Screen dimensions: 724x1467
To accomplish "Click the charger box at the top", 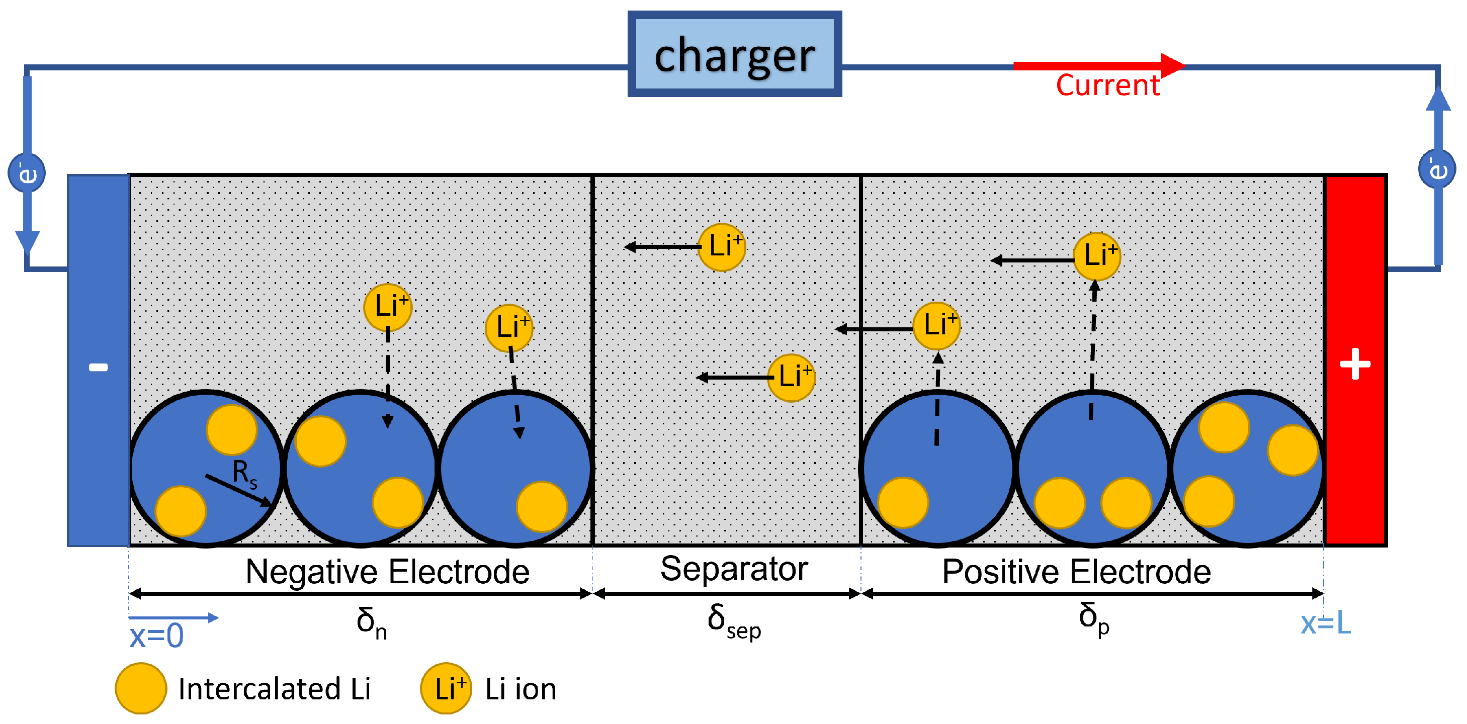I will pyautogui.click(x=734, y=54).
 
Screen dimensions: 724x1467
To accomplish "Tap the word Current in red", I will pyautogui.click(x=1107, y=85).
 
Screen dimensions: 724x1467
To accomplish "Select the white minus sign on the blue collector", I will pyautogui.click(x=98, y=367).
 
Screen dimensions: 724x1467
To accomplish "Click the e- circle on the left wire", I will pyautogui.click(x=27, y=172).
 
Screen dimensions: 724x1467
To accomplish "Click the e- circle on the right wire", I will pyautogui.click(x=1436, y=168).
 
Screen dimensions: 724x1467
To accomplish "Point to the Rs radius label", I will pyautogui.click(x=244, y=474).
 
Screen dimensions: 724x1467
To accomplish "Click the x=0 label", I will pyautogui.click(x=156, y=636).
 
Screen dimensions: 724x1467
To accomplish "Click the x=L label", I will pyautogui.click(x=1325, y=623).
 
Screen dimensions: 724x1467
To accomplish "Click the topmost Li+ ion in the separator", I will pyautogui.click(x=722, y=246).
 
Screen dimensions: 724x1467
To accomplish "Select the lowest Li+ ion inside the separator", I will pyautogui.click(x=791, y=378).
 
